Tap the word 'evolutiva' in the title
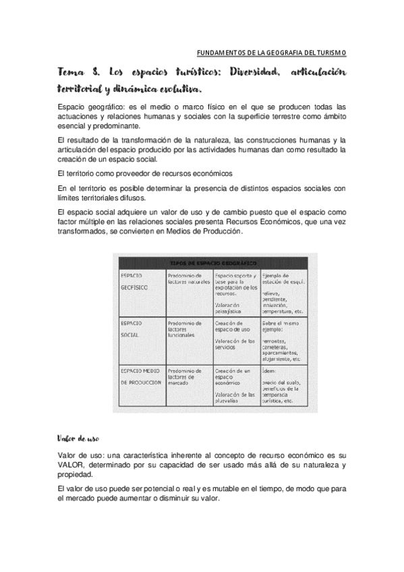click(175, 88)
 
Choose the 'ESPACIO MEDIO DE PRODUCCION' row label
click(140, 376)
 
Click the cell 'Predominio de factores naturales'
click(188, 278)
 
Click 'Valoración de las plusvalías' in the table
click(233, 399)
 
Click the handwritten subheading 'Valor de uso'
click(78, 438)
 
